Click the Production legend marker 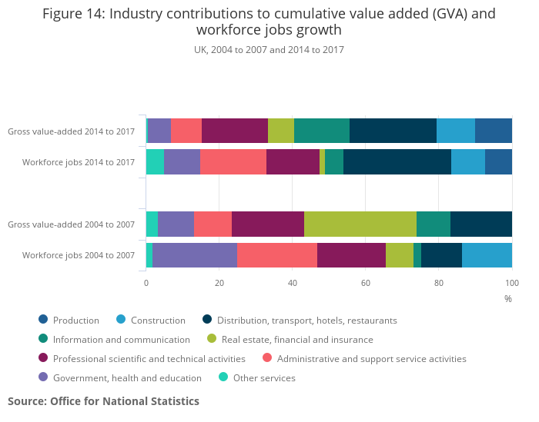click(x=43, y=320)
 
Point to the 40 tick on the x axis click(x=293, y=282)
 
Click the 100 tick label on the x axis click(x=512, y=282)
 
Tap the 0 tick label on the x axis click(x=146, y=282)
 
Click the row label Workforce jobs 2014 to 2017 click(x=79, y=162)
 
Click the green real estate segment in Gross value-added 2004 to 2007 click(x=360, y=224)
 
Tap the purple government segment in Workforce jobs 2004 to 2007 click(x=195, y=254)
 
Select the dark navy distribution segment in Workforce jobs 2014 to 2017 click(x=397, y=162)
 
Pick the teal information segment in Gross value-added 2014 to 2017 click(x=322, y=131)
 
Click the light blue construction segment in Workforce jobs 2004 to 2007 click(x=487, y=254)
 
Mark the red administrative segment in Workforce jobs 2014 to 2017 click(x=233, y=162)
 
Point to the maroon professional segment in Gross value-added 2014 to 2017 click(x=235, y=131)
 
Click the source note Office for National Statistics click(x=103, y=401)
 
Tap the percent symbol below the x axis click(x=508, y=298)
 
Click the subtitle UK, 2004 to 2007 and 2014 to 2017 click(x=269, y=50)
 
